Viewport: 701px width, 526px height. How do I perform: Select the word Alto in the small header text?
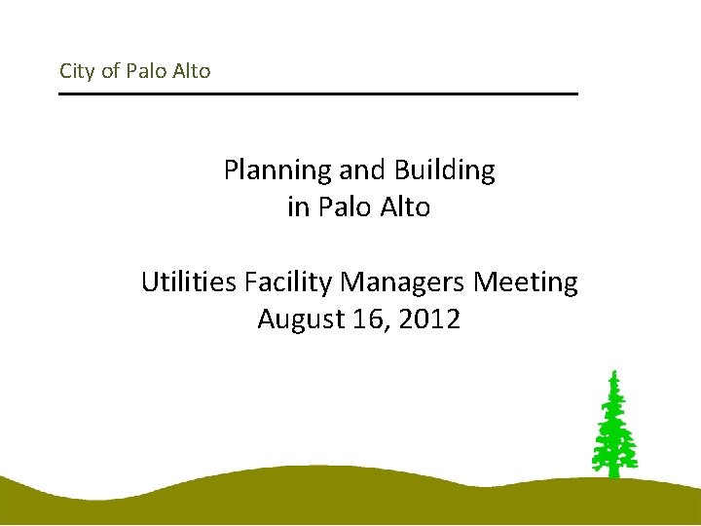[191, 71]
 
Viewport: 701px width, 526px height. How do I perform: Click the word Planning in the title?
[277, 170]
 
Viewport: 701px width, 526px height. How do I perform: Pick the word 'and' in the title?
[362, 170]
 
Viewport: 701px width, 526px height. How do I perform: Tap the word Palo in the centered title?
[341, 207]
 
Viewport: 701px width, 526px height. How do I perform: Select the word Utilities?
[189, 282]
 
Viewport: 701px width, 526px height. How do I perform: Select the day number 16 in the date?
[366, 319]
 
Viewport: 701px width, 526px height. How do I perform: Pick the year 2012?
[430, 319]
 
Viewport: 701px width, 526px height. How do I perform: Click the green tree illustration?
[613, 429]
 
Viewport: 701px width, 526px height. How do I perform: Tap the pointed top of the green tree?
[613, 373]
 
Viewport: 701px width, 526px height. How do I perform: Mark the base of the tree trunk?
[613, 474]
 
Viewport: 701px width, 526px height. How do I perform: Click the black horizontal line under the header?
[318, 94]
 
